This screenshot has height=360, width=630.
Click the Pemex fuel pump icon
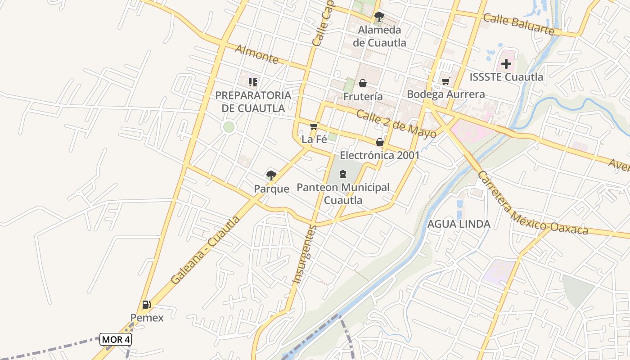pos(146,305)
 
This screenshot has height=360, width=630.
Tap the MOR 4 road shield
pos(115,339)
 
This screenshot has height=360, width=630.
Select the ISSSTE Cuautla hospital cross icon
pos(506,64)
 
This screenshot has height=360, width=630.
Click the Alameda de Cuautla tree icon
pos(379,17)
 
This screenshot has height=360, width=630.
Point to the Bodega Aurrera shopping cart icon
pos(445,81)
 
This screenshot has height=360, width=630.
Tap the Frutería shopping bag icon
pos(362,83)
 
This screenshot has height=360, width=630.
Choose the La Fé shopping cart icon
pos(314,126)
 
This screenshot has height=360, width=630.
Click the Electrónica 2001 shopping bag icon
pos(380,142)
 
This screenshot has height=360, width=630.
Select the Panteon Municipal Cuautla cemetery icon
pos(343,174)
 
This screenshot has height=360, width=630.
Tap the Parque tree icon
pos(271,175)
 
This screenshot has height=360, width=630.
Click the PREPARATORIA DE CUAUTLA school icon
pos(253,82)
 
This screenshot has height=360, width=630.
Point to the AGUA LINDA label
pos(459,224)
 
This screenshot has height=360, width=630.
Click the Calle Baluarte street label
pos(518,24)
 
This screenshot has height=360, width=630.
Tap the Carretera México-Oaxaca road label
pos(533,203)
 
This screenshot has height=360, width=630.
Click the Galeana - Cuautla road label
pos(205,250)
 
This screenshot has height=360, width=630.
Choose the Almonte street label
pos(256,54)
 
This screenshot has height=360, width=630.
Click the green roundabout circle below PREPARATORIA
pos(229,127)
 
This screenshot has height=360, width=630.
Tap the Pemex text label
pos(147,318)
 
